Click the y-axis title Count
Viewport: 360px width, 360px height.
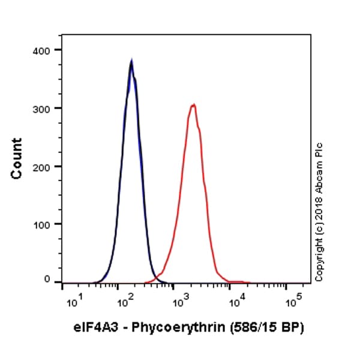[x=17, y=158]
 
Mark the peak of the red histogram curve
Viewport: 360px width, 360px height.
[x=193, y=105]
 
